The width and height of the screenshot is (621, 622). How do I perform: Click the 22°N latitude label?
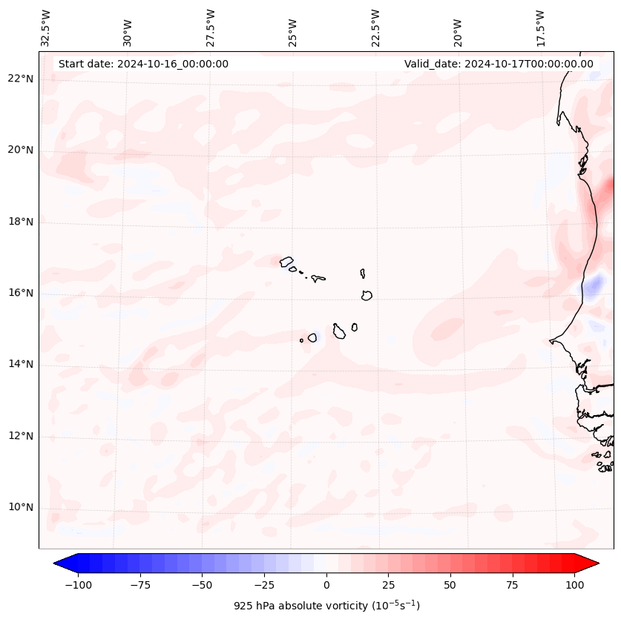pos(21,79)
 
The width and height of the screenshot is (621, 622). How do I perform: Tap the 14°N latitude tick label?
pos(21,365)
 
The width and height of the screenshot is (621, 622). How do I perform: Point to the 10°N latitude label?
pos(21,508)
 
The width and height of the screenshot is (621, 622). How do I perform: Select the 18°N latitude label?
pos(21,222)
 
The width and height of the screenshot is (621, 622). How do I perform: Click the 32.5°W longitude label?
pos(46,27)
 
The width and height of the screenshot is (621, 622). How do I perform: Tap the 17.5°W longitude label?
pos(539,27)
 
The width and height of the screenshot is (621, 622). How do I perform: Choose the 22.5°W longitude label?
pos(375,27)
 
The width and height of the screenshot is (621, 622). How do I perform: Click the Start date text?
pos(143,64)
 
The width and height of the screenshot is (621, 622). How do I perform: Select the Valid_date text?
pos(499,64)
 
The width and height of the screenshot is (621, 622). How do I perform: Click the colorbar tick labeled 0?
pos(326,585)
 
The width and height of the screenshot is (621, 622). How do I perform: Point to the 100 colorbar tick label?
pos(574,585)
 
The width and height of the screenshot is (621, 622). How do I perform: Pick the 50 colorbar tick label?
pos(450,585)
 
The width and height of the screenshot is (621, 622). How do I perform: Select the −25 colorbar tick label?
pos(264,585)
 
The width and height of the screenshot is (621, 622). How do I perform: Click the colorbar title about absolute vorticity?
pos(326,606)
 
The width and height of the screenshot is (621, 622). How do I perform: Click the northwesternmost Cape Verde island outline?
pos(286,261)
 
